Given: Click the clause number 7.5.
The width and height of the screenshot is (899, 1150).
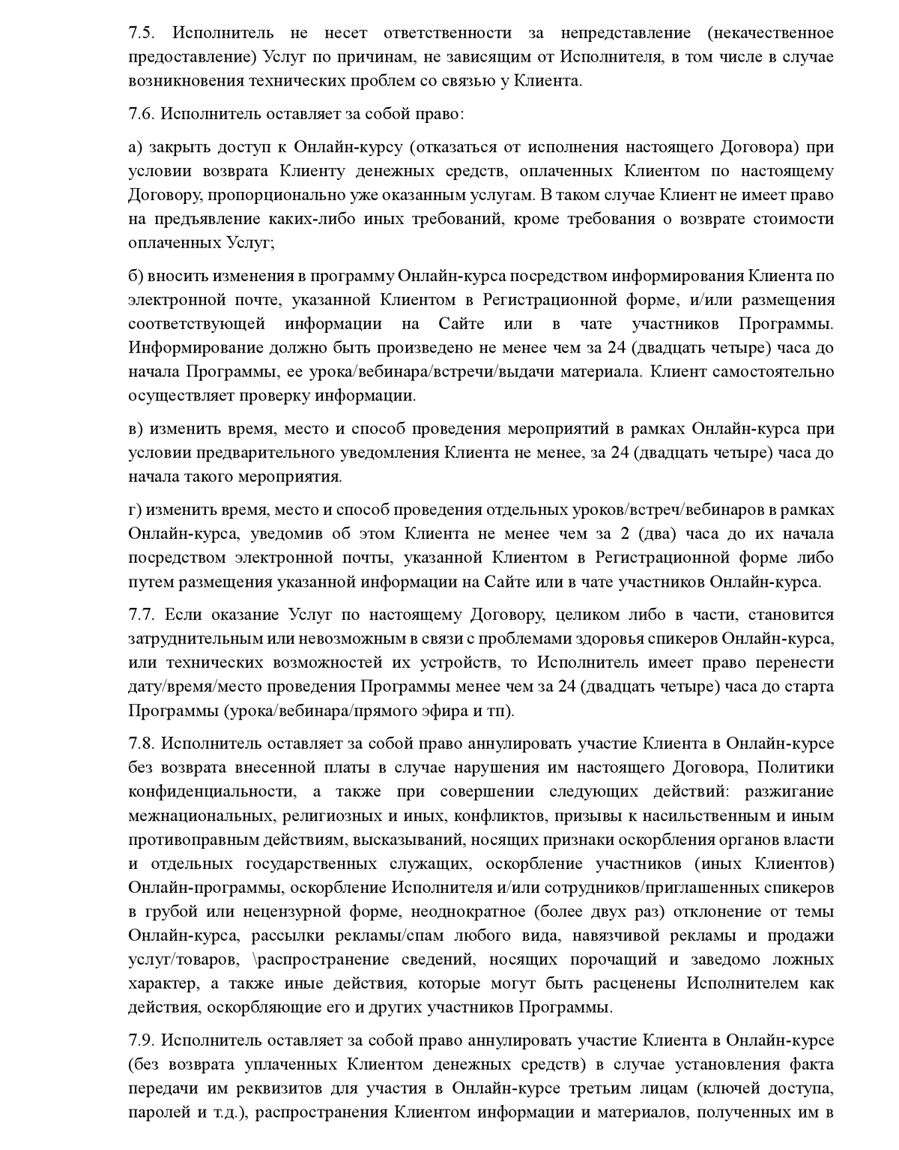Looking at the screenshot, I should (141, 33).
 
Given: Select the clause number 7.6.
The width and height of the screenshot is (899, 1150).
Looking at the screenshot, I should (141, 114).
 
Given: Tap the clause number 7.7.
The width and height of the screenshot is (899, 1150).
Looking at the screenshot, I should (141, 615).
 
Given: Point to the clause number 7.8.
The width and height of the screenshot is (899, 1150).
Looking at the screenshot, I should (141, 743).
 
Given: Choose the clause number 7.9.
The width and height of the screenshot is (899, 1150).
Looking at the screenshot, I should (141, 1041).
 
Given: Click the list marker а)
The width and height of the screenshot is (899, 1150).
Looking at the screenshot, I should (135, 147).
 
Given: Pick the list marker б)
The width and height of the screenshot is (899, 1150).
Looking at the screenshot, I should (135, 276).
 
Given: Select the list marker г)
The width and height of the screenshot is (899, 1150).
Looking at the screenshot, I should (135, 510).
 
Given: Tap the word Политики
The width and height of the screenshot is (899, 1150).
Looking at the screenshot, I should (796, 767).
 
